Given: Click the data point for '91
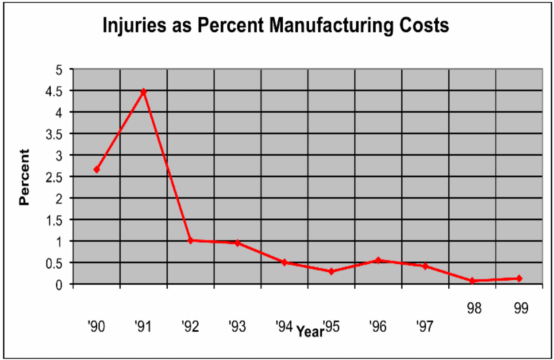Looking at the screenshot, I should (x=143, y=92).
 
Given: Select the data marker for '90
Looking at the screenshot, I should (x=96, y=170).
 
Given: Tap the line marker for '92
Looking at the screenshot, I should (x=191, y=240).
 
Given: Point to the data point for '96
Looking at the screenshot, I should (x=378, y=260).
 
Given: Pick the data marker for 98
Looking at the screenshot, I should (x=472, y=281).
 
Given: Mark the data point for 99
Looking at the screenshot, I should (x=519, y=279).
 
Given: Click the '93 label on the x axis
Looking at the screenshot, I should (x=237, y=327).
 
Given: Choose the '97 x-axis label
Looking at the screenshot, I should (x=425, y=327).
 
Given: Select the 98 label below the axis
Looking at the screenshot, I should (x=474, y=308).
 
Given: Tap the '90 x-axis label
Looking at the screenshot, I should (x=96, y=327).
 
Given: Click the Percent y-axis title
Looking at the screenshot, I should (x=24, y=177).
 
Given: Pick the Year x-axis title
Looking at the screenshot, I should (x=310, y=331).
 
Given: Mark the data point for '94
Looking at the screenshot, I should (x=285, y=262).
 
